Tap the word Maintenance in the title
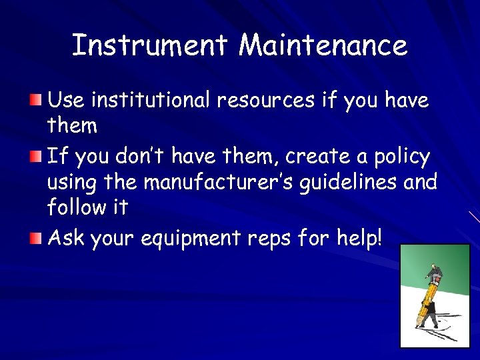323,45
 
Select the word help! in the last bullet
361,237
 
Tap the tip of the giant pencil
419,325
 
